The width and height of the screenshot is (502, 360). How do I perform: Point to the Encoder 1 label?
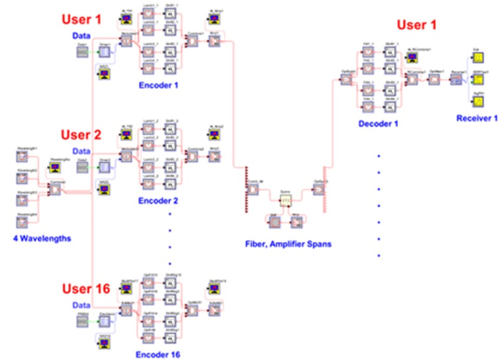click(158, 85)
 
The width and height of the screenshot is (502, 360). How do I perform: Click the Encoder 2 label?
click(158, 200)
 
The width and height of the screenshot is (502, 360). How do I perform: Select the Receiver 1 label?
click(477, 118)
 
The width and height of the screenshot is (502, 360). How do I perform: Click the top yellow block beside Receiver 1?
click(479, 57)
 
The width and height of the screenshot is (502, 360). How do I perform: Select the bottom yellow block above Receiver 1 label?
click(479, 102)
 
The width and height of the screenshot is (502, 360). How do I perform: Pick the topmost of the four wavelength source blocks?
click(22, 156)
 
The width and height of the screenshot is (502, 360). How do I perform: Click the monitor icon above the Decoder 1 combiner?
click(411, 58)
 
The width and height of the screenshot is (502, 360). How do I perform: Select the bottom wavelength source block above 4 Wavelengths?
click(22, 222)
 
